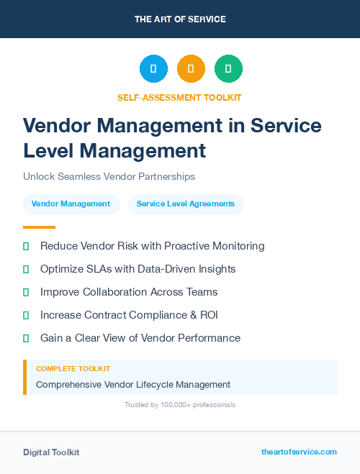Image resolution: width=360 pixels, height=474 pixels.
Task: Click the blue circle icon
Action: (x=153, y=69)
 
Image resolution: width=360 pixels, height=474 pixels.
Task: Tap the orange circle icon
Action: (x=191, y=69)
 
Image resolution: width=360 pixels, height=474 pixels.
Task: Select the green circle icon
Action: (x=228, y=69)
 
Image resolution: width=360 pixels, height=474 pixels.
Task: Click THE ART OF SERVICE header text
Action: (x=180, y=19)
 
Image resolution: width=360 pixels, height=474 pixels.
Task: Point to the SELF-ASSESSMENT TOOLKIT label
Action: (x=179, y=97)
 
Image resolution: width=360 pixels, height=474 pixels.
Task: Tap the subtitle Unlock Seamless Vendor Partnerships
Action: (x=109, y=176)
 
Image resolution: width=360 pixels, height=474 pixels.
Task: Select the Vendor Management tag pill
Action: (x=71, y=204)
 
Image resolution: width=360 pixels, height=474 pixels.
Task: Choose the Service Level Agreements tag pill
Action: (x=186, y=204)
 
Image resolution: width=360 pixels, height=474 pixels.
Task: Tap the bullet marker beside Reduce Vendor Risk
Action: (x=26, y=246)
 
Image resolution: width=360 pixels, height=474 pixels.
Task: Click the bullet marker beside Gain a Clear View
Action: (x=26, y=338)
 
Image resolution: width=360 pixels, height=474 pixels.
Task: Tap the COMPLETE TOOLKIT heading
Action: (x=67, y=369)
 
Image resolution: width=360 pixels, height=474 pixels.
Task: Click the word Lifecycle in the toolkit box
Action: (x=160, y=385)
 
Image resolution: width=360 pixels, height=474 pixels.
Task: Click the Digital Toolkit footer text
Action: (x=51, y=452)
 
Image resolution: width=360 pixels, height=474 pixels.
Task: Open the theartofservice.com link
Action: (x=299, y=452)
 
